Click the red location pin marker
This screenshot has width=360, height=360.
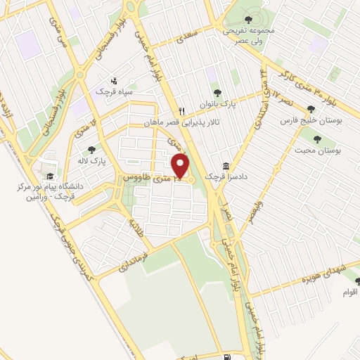(x=181, y=167)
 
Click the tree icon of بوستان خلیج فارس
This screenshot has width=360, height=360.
(x=310, y=108)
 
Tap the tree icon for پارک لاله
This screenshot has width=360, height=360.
(x=91, y=149)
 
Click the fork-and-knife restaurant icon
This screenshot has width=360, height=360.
(x=181, y=110)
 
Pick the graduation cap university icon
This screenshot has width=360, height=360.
(x=49, y=176)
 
